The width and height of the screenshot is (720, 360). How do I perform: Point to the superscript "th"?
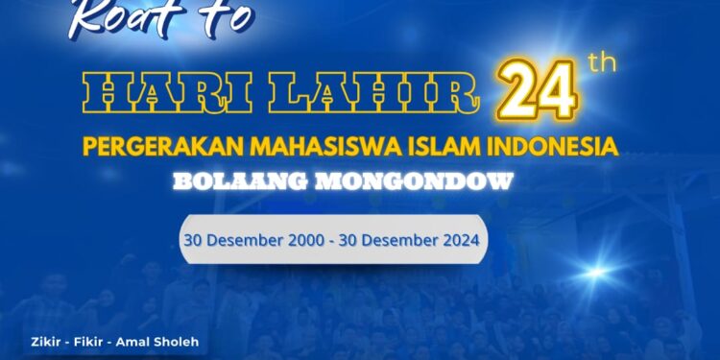pyautogui.click(x=601, y=63)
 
